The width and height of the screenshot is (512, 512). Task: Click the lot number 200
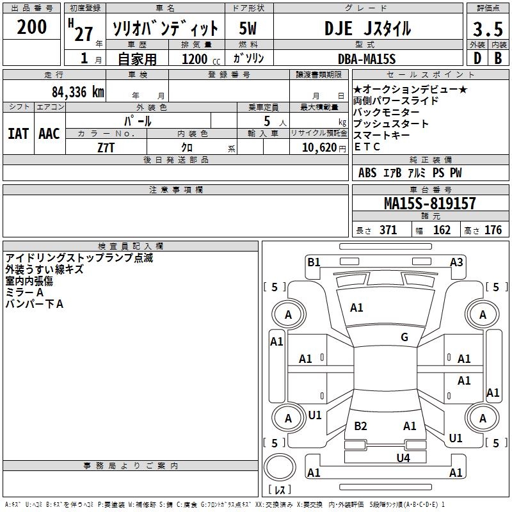(31, 27)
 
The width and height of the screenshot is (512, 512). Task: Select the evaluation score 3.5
(488, 29)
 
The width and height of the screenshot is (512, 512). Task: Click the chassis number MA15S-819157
(430, 204)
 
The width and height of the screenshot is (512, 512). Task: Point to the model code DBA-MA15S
(367, 59)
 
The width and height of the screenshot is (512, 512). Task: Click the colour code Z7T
(106, 147)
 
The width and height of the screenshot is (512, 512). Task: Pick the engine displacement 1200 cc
(196, 59)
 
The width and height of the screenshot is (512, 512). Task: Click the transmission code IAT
(18, 134)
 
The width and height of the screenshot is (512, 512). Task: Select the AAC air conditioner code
(49, 134)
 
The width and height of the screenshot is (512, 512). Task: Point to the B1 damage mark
(314, 262)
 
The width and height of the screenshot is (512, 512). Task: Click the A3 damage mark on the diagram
(456, 262)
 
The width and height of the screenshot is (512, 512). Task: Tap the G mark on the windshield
(404, 337)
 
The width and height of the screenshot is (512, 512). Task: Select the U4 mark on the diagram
(403, 458)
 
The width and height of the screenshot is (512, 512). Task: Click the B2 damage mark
(360, 426)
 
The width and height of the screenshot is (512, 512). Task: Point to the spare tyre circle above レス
(280, 468)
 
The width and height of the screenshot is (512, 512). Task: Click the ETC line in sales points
(367, 147)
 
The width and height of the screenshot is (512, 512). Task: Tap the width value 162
(442, 230)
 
